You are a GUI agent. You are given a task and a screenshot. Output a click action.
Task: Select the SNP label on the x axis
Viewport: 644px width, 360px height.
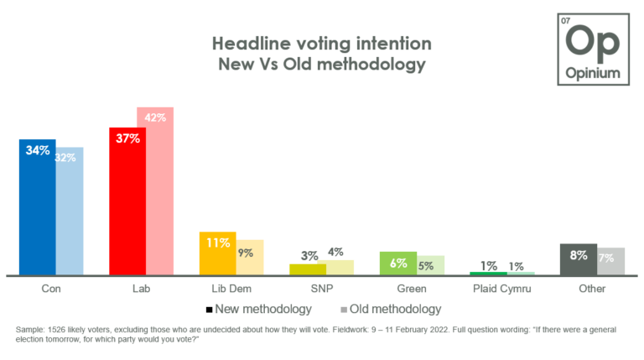click(x=323, y=288)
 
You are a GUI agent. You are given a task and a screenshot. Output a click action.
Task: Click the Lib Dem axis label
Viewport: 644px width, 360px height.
click(x=232, y=288)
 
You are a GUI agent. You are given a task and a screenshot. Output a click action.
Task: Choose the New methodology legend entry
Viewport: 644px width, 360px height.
click(x=263, y=308)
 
